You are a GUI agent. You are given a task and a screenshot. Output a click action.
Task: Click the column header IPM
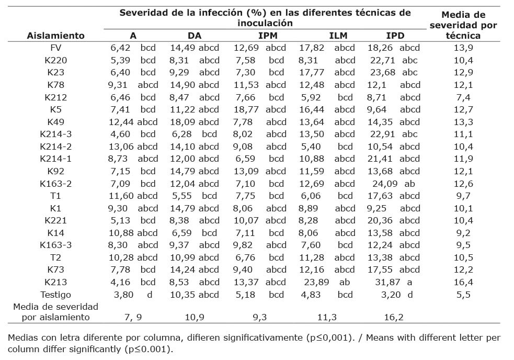tap(267, 36)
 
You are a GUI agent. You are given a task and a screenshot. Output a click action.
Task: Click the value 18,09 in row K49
tap(180, 122)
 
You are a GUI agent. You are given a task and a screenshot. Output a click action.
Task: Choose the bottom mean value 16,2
tap(394, 317)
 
